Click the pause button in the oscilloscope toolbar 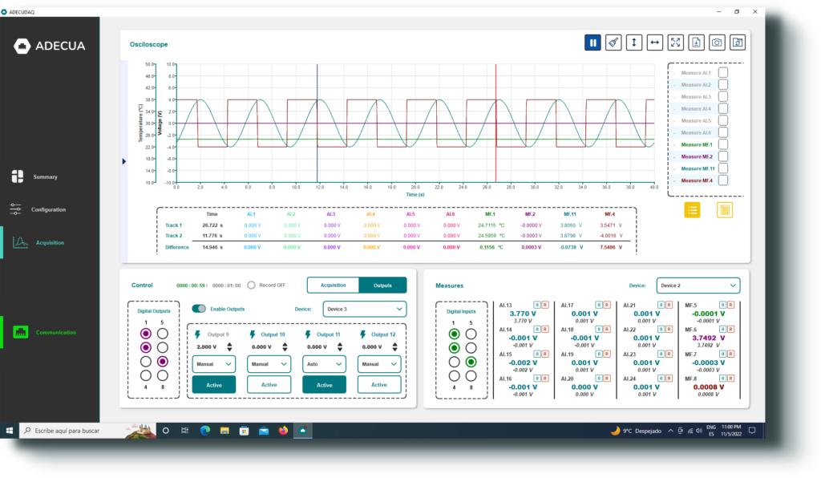(592, 43)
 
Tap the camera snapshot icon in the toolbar (717, 43)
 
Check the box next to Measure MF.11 (723, 168)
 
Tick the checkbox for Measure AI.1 (723, 73)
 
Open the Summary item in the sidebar (45, 176)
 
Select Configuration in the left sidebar (48, 209)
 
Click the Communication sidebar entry (55, 332)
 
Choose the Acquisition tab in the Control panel (333, 285)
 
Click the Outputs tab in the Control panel (382, 285)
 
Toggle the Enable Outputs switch (199, 309)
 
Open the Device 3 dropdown (364, 309)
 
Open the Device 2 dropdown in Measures (698, 285)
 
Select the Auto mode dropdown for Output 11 (324, 363)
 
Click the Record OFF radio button (251, 285)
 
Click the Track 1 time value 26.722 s (212, 225)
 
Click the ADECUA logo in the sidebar (50, 46)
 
